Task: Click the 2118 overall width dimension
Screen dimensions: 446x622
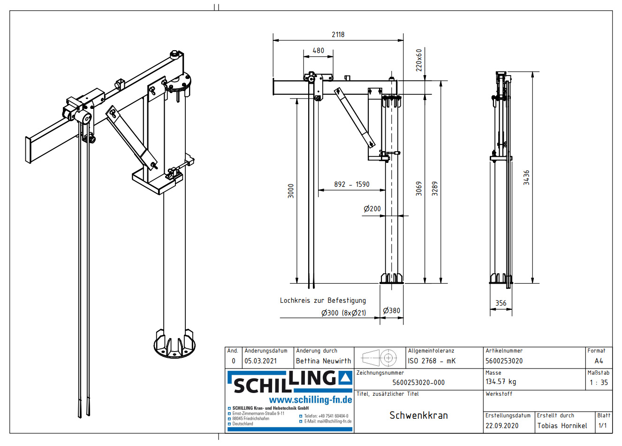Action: [338, 35]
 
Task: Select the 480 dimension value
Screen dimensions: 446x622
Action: [318, 51]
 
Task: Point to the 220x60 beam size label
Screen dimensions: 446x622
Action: [419, 60]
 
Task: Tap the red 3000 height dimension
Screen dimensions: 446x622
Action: [291, 191]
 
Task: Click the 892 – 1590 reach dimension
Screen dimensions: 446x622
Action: [351, 185]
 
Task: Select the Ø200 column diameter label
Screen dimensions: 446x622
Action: [372, 209]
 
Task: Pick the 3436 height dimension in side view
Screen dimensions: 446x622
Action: [526, 177]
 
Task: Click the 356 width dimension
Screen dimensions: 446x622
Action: [501, 303]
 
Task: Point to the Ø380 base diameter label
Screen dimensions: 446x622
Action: [391, 311]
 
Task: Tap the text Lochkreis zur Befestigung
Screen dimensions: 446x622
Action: [323, 300]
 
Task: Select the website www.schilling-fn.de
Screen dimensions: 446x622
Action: [310, 400]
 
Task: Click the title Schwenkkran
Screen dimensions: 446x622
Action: [418, 415]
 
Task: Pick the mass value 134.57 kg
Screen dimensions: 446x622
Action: [501, 382]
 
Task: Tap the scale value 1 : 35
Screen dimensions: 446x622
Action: [599, 383]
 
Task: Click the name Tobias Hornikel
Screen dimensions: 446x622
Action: [562, 426]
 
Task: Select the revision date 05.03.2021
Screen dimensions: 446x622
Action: [260, 361]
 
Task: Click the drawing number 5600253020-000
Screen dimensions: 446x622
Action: [418, 383]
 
